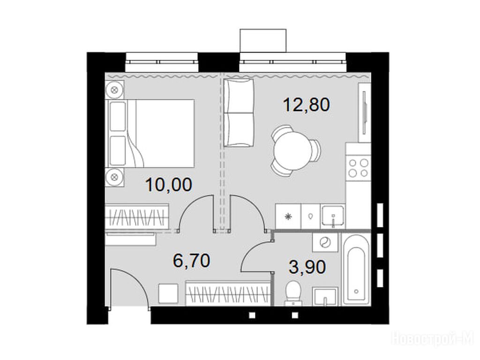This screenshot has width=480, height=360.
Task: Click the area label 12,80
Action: [x=307, y=105]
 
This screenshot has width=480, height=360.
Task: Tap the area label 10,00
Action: [x=169, y=185]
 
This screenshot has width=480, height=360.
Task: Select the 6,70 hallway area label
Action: [x=191, y=261]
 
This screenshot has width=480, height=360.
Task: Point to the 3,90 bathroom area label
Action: [x=307, y=267]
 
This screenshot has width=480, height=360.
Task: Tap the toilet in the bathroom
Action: [x=293, y=292]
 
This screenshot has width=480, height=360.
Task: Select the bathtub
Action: [x=356, y=269]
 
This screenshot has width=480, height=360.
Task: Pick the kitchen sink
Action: [x=332, y=216]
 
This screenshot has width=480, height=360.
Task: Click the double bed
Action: [x=150, y=134]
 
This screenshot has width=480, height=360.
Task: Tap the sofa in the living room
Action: [x=239, y=112]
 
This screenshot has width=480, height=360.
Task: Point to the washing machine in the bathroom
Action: [x=325, y=242]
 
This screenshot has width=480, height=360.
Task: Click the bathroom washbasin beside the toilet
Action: [x=325, y=296]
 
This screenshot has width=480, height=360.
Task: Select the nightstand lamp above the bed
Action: [x=115, y=90]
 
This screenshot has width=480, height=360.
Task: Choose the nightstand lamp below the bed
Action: [x=115, y=177]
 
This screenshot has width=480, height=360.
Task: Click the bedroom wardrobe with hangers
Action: [x=137, y=216]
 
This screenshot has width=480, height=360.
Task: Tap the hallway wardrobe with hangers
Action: [x=228, y=293]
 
